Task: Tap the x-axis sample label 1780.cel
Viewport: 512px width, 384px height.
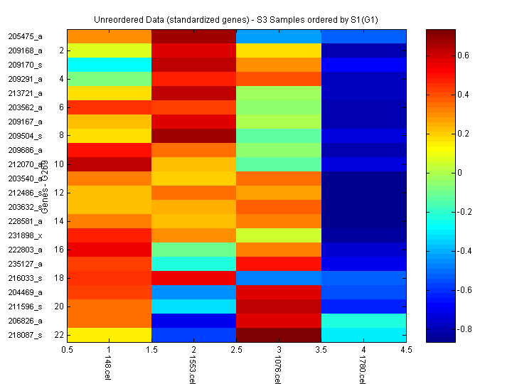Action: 362,369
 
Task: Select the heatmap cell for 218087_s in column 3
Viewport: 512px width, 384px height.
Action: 278,334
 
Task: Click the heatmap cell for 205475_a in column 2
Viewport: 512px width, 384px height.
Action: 193,36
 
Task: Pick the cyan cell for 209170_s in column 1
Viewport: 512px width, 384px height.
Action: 109,65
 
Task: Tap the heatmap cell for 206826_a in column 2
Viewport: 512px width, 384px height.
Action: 193,320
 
